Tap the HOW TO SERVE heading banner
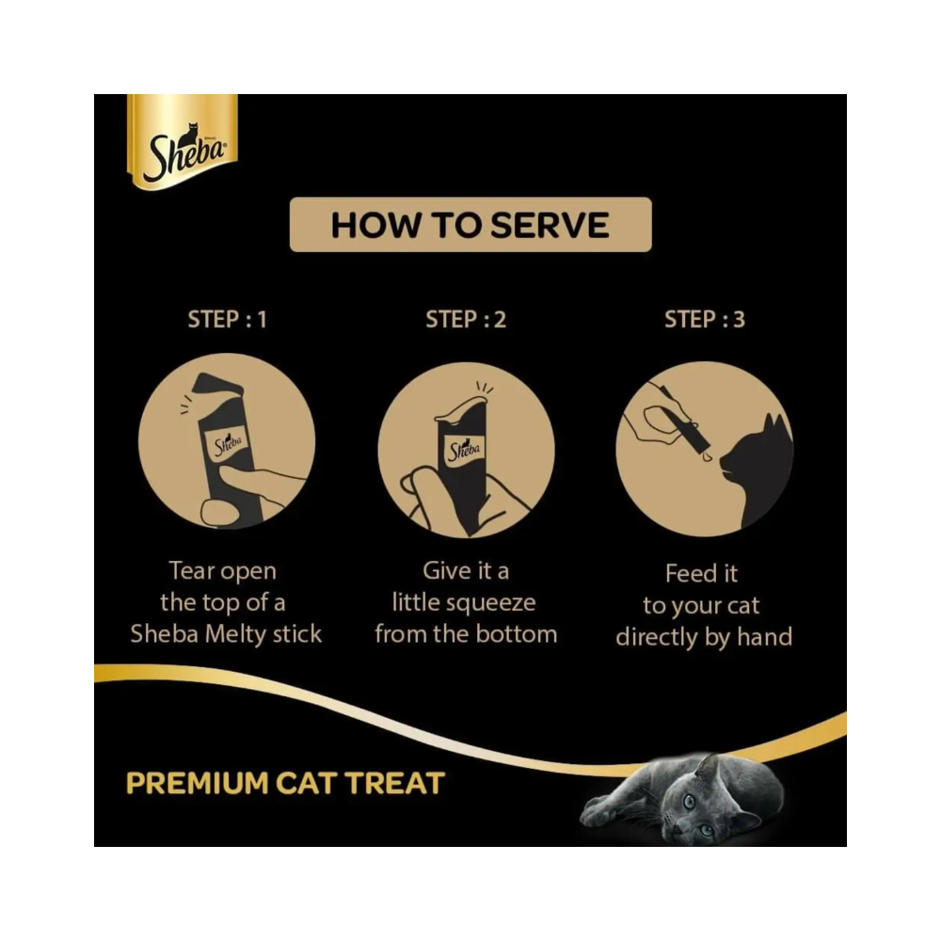point(470,225)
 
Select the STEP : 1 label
point(227,319)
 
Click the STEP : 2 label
point(466,319)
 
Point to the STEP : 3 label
point(704,319)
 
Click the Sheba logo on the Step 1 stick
point(227,443)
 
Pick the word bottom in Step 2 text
point(516,633)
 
